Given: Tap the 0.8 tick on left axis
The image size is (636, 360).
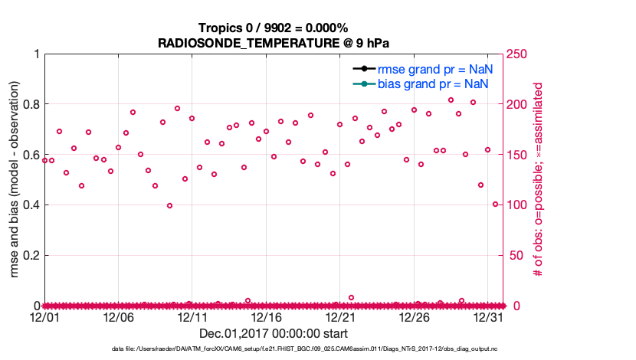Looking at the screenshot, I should tap(31, 104).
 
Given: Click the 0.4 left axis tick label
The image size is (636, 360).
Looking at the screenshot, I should tap(31, 205).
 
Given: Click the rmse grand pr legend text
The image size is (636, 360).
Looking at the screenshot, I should tap(434, 69).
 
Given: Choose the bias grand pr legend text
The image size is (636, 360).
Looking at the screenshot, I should tap(434, 83).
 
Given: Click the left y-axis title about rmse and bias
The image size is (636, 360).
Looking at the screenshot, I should tap(15, 179).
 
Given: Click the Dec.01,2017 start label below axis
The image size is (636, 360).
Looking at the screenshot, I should tap(274, 334).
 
